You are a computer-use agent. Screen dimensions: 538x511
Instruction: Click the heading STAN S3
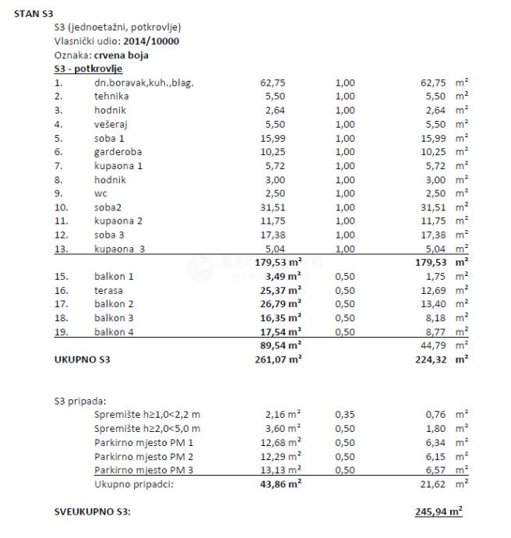pos(33,13)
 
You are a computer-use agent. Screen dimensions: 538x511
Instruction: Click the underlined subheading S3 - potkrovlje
pos(89,69)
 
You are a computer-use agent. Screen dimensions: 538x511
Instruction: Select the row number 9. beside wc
pos(58,193)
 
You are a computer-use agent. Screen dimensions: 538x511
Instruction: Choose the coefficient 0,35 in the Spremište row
pos(344,415)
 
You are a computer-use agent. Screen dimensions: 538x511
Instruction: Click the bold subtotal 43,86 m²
pos(280,483)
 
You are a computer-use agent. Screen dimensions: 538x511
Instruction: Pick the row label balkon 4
pos(115,331)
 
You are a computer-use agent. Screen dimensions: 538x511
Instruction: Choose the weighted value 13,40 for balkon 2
pos(432,304)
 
